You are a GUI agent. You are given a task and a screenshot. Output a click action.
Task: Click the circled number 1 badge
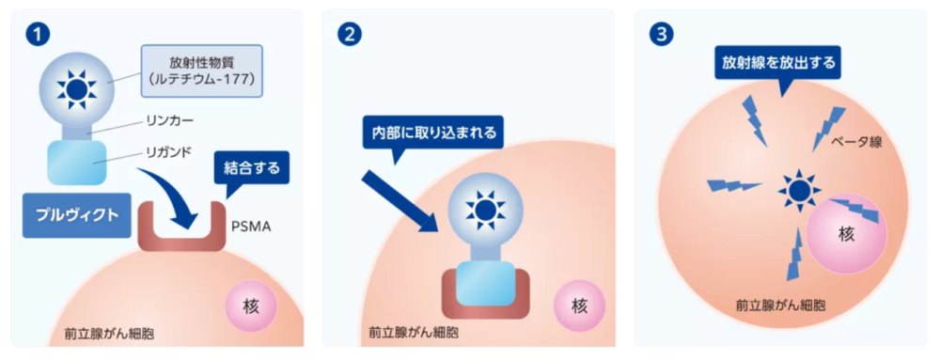coord(37,35)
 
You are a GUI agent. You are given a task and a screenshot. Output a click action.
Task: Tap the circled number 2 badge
coord(349,35)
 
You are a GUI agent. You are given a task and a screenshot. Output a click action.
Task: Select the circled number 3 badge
coord(661,35)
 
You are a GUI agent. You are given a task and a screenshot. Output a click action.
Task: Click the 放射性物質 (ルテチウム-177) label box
coord(201,70)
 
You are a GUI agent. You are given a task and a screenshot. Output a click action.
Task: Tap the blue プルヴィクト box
coord(77,215)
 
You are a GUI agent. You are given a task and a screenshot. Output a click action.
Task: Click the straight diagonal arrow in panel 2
coord(399,200)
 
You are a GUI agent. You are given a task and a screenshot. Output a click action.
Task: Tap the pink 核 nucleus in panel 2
coord(579,306)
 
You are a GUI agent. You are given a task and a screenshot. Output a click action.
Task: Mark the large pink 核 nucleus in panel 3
coord(846,234)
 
